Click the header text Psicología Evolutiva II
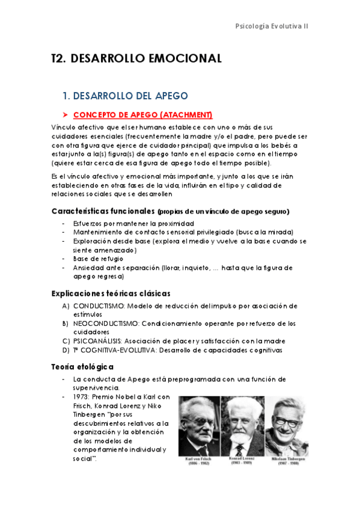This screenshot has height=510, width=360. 272,27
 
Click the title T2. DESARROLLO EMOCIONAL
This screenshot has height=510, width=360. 137,58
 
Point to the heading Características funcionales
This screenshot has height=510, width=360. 103,211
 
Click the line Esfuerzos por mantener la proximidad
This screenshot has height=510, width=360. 133,224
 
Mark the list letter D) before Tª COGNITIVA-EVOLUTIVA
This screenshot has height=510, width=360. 66,350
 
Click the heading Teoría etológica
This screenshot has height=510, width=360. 83,366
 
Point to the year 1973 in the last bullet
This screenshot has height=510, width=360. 81,397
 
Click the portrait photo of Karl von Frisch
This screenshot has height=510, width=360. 199,426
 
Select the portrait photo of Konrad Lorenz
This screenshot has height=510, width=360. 242,426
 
